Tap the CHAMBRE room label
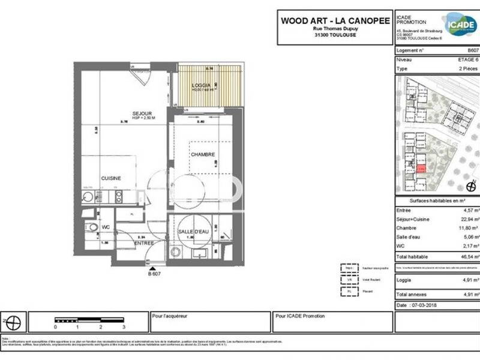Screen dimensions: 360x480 click(x=203, y=155)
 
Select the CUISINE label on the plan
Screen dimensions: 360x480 click(x=112, y=178)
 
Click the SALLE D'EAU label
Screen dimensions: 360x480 click(x=193, y=232)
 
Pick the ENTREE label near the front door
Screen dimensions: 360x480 click(x=145, y=243)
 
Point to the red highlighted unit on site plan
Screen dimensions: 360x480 click(x=422, y=169)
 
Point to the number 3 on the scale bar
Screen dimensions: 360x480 click(x=124, y=327)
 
